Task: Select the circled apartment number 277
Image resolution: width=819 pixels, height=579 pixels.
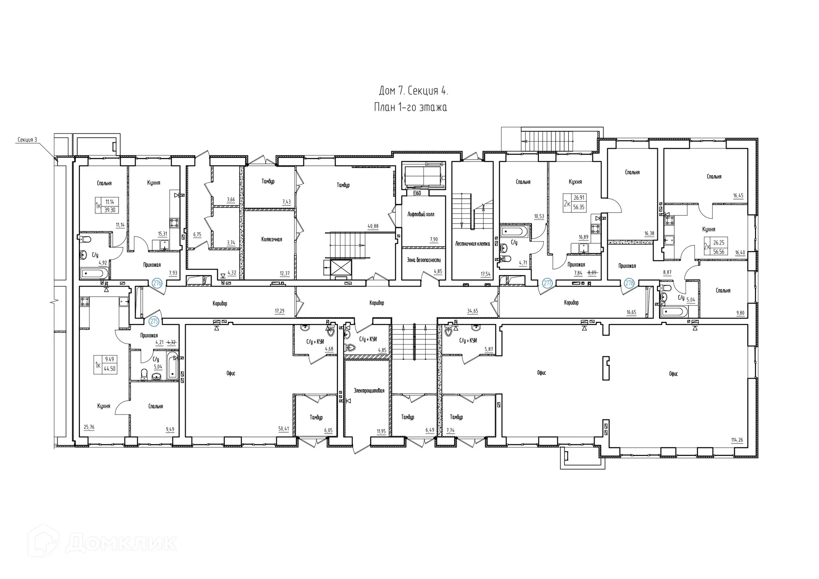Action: pos(547,283)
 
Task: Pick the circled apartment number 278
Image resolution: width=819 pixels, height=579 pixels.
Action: pos(629,283)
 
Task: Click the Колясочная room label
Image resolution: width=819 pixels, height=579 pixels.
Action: pos(272,240)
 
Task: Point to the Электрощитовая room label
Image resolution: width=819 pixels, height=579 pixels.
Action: pos(369,391)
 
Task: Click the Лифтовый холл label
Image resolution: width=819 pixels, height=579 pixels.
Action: pos(421,214)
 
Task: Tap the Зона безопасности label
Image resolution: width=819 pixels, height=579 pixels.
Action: pos(424,260)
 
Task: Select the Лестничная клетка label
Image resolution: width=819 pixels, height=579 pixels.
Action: pos(472,244)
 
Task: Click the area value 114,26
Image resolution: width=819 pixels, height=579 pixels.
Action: pos(737,440)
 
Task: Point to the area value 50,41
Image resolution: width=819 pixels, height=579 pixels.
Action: pos(283,429)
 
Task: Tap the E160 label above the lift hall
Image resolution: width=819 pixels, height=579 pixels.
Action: pos(417,193)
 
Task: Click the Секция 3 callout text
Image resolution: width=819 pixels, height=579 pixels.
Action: pos(27,139)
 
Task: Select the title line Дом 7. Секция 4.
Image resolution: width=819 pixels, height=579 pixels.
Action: pos(413,91)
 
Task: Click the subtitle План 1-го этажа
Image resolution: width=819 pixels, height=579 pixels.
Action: pos(410,107)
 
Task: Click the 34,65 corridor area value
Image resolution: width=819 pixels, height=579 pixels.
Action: pos(472,311)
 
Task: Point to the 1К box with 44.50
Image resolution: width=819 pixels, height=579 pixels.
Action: pos(105,365)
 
